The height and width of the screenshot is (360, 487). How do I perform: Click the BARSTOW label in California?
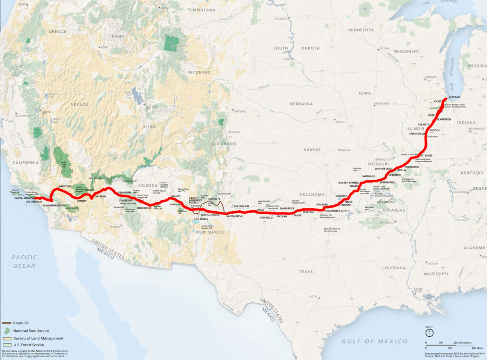(64, 186)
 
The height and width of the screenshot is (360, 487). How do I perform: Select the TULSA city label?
(349, 201)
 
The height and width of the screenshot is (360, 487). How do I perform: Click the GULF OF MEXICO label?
(375, 341)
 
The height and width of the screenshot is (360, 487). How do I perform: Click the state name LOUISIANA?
(394, 268)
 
